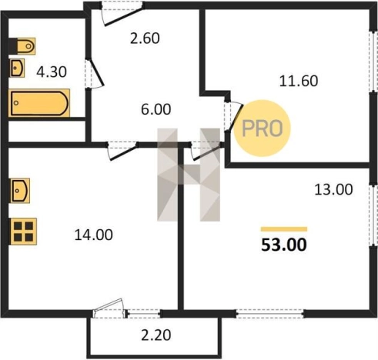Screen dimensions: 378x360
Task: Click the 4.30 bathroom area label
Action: click(x=52, y=72)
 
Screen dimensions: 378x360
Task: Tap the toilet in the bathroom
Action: click(x=26, y=46)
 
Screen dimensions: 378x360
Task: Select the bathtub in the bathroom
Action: click(x=39, y=102)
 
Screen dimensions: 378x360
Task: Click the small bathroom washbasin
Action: click(x=17, y=68)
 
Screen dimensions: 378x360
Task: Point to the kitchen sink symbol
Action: click(x=20, y=191)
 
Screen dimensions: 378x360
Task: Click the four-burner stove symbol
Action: click(x=23, y=232)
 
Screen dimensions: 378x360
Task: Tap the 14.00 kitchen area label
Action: click(x=93, y=235)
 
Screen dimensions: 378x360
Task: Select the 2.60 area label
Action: click(x=145, y=38)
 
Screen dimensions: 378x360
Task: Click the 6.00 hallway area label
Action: click(x=156, y=109)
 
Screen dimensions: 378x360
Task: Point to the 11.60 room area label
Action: click(x=299, y=81)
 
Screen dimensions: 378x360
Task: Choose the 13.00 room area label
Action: click(x=333, y=190)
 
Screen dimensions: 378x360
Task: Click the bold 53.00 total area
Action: click(x=284, y=245)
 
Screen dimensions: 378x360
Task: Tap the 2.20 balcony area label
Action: click(x=156, y=335)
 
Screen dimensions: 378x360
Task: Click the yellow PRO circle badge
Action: click(x=263, y=128)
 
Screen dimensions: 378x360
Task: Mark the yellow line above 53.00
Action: click(x=284, y=229)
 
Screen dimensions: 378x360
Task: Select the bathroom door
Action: click(x=95, y=74)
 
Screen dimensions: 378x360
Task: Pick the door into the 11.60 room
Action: click(x=233, y=117)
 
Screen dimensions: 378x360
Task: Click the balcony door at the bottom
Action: click(x=110, y=308)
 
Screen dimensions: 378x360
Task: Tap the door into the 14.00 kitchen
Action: click(x=122, y=152)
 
